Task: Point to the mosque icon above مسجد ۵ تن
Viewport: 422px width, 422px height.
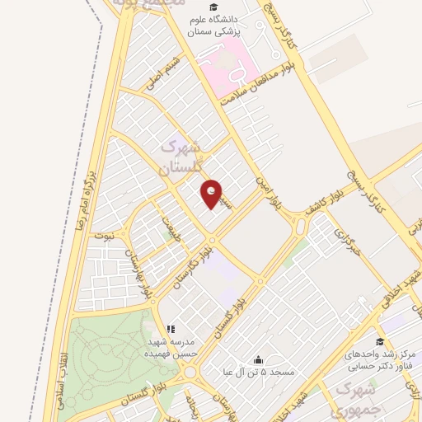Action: tap(259, 359)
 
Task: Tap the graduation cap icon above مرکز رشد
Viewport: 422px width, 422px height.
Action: tap(380, 341)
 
